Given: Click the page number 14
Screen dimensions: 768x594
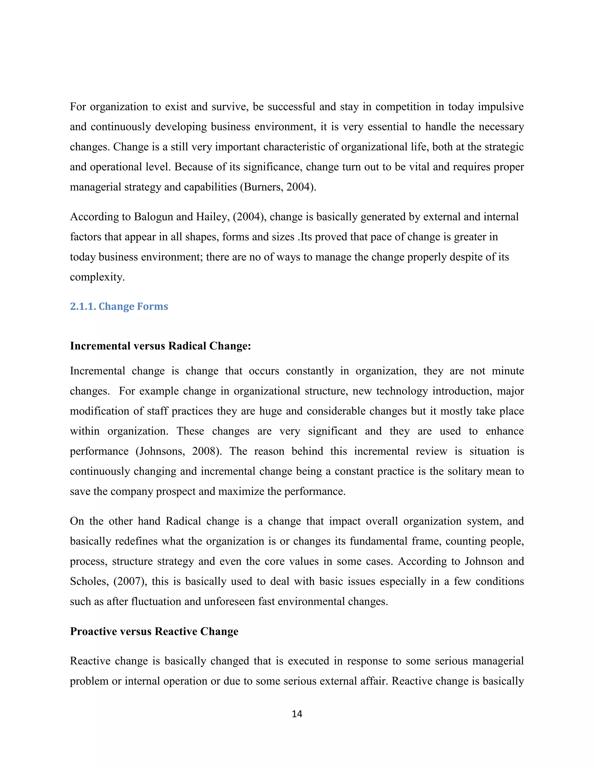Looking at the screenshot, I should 297,714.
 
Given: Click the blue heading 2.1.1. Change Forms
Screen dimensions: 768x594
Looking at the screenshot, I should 119,306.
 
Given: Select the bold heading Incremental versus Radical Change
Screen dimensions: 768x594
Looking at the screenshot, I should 160,346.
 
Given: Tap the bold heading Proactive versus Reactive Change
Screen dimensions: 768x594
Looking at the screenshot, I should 154,631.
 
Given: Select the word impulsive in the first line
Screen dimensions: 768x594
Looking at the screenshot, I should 500,107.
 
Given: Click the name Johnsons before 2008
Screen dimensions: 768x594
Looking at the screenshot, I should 162,451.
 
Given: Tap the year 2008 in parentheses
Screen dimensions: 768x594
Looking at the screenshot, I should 204,451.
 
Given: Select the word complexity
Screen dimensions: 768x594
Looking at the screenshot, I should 97,277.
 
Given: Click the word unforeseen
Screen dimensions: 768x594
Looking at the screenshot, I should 229,601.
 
